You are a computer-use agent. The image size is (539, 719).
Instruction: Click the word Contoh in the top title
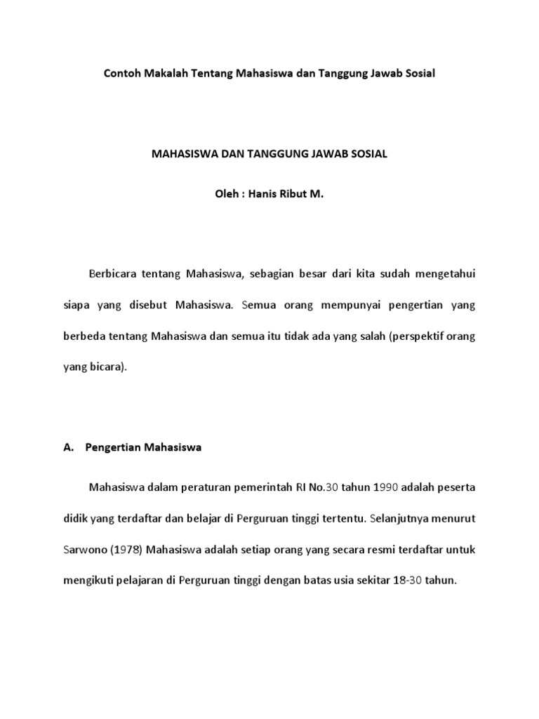point(121,73)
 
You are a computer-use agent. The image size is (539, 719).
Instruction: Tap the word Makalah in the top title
point(166,73)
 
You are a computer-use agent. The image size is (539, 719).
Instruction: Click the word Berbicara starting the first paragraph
point(113,275)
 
